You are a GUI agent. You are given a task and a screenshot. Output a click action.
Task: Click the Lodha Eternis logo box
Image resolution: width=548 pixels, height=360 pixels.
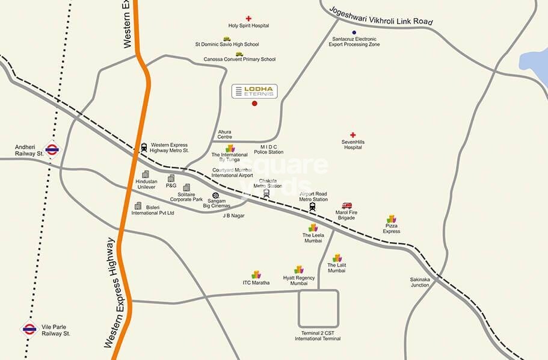tap(254, 92)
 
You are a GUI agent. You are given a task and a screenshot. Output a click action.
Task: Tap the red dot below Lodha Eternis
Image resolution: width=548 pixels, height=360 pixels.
tap(254, 104)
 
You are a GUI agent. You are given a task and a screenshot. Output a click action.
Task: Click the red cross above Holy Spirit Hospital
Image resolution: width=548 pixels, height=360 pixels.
tap(248, 19)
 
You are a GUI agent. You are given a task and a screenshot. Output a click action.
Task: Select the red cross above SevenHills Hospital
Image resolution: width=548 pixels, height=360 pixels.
tap(353, 135)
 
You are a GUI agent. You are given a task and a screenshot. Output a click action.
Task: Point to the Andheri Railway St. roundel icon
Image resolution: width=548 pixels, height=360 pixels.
tap(52, 149)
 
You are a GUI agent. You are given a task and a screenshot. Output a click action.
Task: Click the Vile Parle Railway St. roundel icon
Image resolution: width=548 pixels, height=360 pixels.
tap(29, 328)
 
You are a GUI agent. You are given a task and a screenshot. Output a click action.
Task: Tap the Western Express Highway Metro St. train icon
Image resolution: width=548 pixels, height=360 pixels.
tap(144, 147)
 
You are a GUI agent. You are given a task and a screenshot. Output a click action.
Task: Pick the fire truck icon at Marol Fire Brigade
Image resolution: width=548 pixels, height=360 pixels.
tap(346, 206)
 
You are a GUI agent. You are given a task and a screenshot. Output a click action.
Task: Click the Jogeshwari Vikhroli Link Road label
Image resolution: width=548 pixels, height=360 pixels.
tap(381, 15)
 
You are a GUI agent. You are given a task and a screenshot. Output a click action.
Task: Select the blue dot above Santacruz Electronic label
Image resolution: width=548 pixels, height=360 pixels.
tap(354, 32)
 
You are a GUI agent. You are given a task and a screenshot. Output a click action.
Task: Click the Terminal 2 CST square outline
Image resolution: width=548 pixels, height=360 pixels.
tap(319, 309)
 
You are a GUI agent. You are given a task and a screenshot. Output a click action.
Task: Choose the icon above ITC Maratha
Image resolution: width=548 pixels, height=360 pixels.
tap(256, 275)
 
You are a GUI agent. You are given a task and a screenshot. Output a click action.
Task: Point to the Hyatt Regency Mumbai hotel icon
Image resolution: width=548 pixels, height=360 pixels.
tap(299, 270)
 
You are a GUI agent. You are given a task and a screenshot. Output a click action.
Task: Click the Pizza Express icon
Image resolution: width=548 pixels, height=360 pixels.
tap(392, 219)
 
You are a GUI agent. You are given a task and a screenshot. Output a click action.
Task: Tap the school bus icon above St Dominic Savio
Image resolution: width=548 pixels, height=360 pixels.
tap(227, 39)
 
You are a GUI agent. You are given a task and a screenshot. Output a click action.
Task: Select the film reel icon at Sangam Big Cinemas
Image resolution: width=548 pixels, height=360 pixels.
tap(215, 196)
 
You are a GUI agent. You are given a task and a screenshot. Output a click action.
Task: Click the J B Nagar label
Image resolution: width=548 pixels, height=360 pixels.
tap(233, 215)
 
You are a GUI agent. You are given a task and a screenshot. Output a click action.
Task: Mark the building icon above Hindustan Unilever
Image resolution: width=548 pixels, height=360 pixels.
tap(146, 175)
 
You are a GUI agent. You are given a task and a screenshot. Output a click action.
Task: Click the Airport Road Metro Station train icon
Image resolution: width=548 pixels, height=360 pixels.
tap(313, 206)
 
